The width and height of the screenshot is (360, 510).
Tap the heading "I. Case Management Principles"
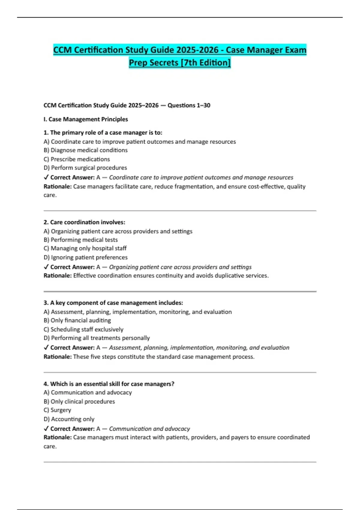point(86,119)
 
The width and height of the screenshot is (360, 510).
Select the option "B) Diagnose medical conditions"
point(85,150)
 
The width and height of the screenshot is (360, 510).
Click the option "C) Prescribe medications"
point(77,159)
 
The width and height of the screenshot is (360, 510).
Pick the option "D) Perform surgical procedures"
point(85,168)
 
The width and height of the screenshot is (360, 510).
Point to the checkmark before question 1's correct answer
point(46,177)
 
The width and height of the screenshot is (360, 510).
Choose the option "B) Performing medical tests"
point(81,240)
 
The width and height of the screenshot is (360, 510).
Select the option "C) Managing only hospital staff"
point(85,248)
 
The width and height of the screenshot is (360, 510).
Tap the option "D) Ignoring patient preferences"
point(85,257)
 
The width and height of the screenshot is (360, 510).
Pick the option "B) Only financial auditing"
point(77,320)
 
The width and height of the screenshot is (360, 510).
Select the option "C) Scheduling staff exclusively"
point(83,329)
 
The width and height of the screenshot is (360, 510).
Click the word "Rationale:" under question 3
point(58,357)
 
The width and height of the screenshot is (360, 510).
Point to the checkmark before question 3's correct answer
point(46,347)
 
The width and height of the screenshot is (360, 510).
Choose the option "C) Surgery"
point(57,410)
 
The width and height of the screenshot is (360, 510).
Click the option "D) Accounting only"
point(69,419)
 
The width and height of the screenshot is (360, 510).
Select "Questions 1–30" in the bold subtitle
point(189,105)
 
